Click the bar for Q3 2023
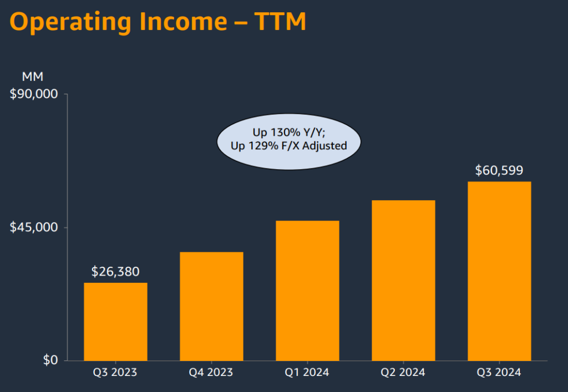click(x=115, y=322)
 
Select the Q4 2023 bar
click(x=211, y=306)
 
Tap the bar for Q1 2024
click(x=307, y=291)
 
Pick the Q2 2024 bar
click(x=403, y=280)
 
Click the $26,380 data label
click(x=115, y=272)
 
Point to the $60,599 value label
click(x=499, y=171)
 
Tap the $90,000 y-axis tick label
click(x=34, y=94)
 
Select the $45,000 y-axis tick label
click(x=34, y=227)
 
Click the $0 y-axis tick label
click(x=50, y=360)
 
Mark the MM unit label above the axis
click(x=32, y=77)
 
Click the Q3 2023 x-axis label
click(x=115, y=373)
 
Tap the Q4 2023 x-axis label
click(x=211, y=373)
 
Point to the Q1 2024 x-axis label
click(x=307, y=373)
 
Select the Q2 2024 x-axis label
click(x=403, y=373)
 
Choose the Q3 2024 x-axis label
click(x=499, y=373)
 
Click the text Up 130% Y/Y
click(x=288, y=133)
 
